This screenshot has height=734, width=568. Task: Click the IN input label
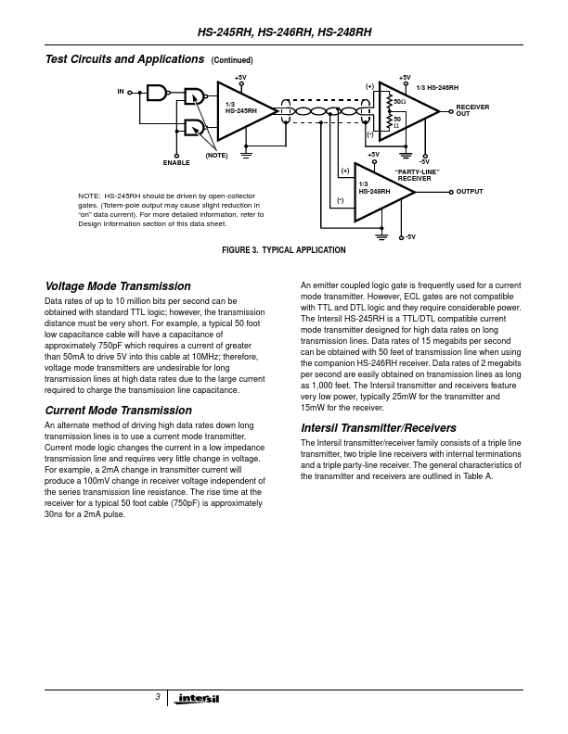click(x=121, y=92)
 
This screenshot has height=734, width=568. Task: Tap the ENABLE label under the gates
click(x=176, y=162)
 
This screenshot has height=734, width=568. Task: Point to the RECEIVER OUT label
click(x=472, y=110)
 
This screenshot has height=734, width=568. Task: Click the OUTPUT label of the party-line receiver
click(x=470, y=192)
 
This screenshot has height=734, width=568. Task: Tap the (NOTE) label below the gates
click(x=216, y=155)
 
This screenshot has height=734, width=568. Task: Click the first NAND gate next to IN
click(x=160, y=93)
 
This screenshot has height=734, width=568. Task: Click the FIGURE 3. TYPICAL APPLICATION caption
click(x=283, y=250)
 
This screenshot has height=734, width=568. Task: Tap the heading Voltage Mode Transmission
click(x=118, y=286)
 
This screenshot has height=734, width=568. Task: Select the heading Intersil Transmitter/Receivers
click(x=379, y=428)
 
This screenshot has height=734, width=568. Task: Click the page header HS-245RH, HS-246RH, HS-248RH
click(x=284, y=31)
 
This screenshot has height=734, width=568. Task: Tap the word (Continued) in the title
click(x=232, y=60)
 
